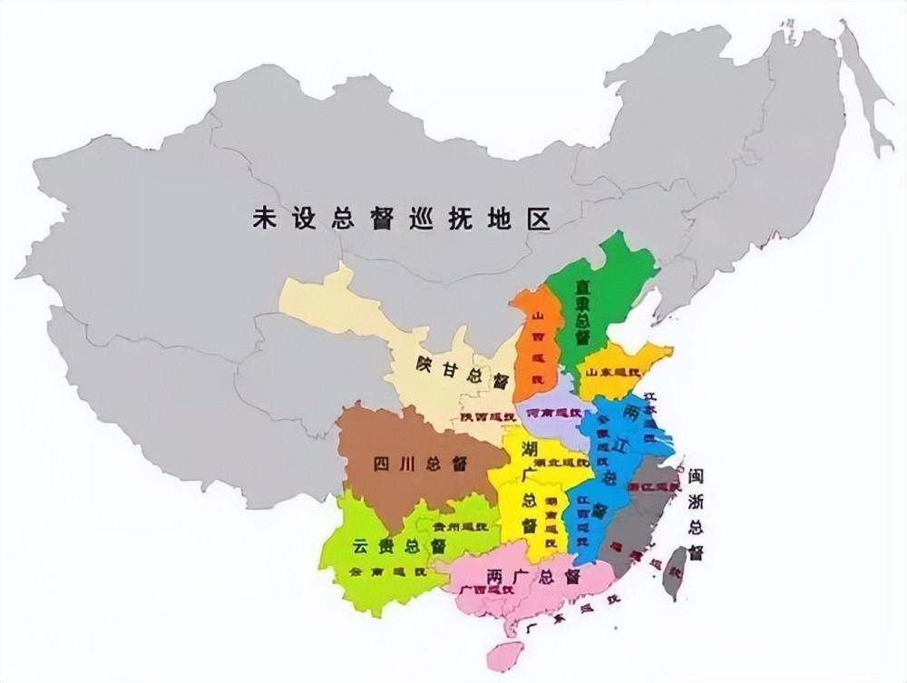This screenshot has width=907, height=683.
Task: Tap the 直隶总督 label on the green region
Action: [582, 311]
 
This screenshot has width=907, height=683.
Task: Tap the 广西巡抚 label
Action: [481, 590]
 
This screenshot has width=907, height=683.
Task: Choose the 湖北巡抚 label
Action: [555, 463]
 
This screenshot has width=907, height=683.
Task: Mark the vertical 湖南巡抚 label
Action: [551, 516]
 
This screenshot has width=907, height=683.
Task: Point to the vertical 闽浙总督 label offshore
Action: [696, 513]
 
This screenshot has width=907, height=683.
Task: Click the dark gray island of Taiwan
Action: [674, 570]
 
